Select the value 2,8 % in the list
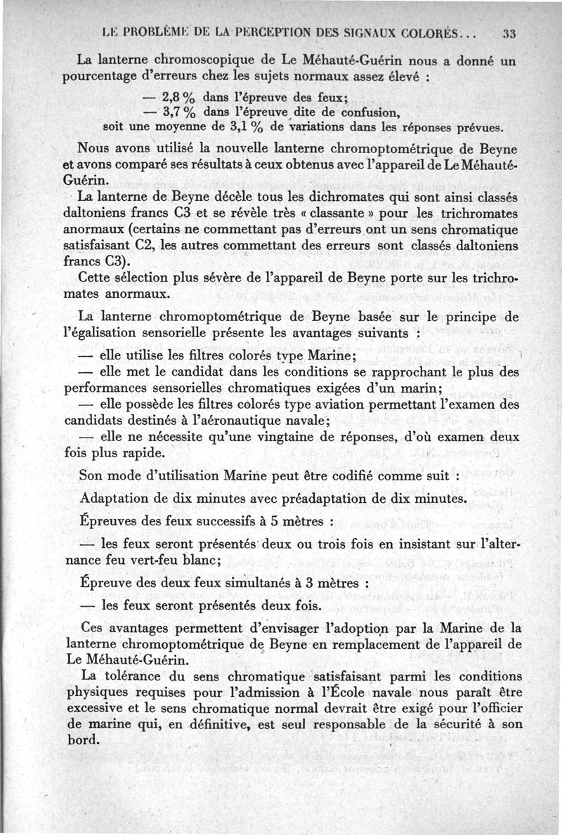tap(181, 97)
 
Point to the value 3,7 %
tap(181, 112)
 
